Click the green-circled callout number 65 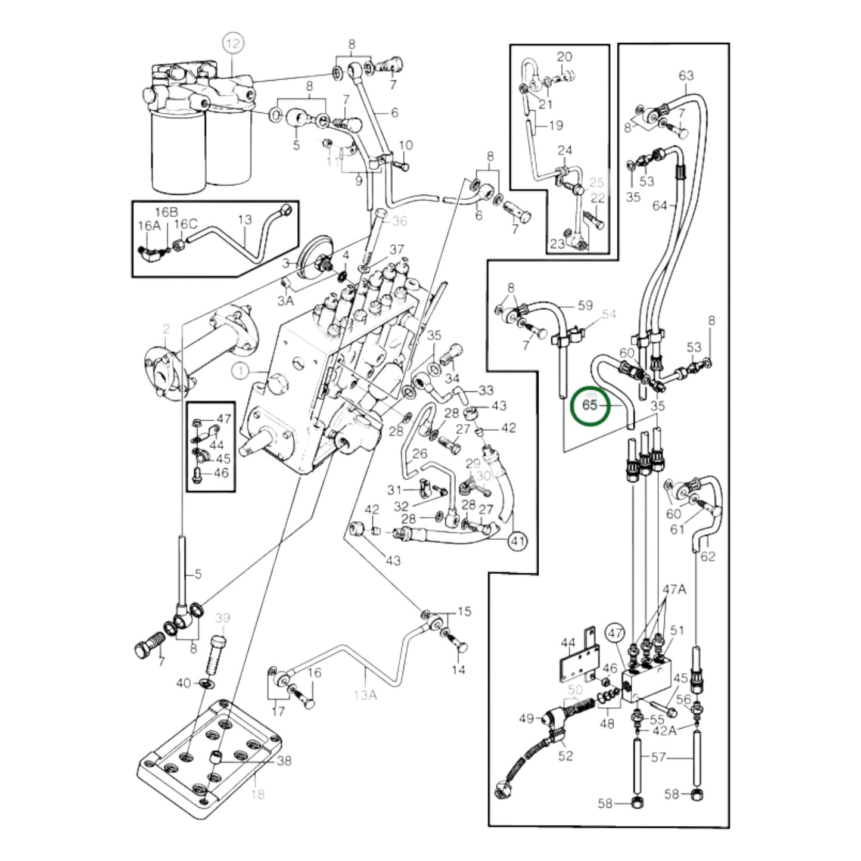tap(589, 405)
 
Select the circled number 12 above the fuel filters tap(234, 43)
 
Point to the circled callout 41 tap(518, 542)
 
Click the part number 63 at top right tap(686, 76)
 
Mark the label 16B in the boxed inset tap(166, 212)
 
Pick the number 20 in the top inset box tap(564, 57)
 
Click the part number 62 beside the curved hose tap(708, 556)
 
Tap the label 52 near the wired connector tap(565, 756)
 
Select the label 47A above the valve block tap(674, 590)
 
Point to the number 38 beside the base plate tap(284, 761)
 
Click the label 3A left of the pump tap(285, 301)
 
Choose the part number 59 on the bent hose tap(585, 305)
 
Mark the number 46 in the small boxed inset tap(220, 474)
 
